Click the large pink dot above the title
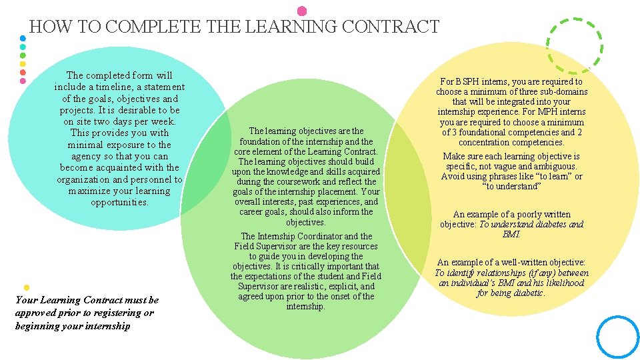[302, 11]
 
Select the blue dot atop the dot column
[23, 38]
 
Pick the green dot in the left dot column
[23, 55]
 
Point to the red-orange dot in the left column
[23, 72]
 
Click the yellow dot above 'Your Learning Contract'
[26, 287]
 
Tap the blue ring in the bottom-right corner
[617, 337]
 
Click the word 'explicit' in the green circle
[342, 286]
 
